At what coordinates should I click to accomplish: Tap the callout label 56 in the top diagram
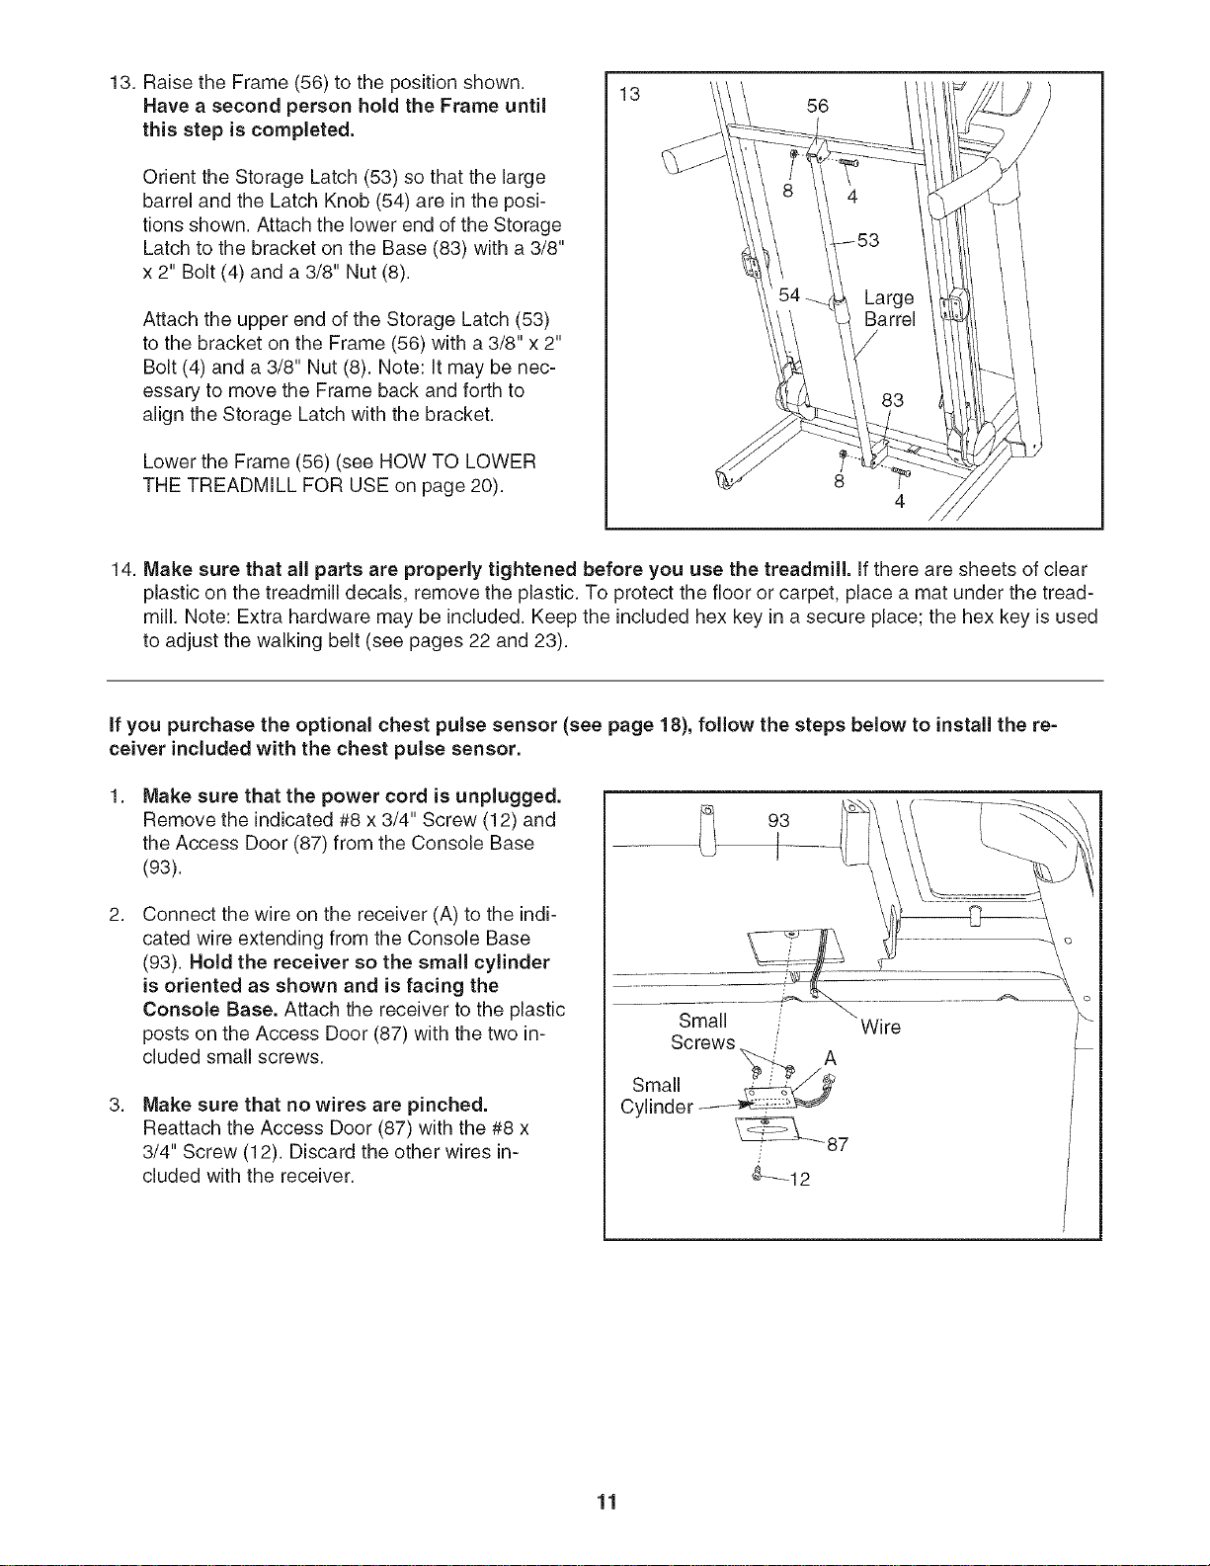pos(818,106)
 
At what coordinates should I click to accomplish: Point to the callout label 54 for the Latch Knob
pos(789,294)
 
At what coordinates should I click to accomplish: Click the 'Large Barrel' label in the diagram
pos(890,307)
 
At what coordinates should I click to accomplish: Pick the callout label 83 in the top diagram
pos(893,400)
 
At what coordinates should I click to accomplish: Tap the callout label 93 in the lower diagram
pos(778,820)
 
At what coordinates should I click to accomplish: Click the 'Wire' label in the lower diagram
pos(881,1027)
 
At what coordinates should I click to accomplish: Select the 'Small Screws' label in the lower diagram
pos(703,1031)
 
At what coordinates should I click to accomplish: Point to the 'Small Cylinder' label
pos(657,1096)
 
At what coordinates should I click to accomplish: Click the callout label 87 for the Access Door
pos(838,1144)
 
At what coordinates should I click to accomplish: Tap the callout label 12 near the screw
pos(800,1179)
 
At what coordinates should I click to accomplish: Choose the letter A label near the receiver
pos(831,1058)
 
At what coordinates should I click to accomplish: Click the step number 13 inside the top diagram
pos(629,94)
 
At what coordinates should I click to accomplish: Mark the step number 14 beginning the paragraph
pos(121,569)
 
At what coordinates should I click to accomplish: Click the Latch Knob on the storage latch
pos(838,302)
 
